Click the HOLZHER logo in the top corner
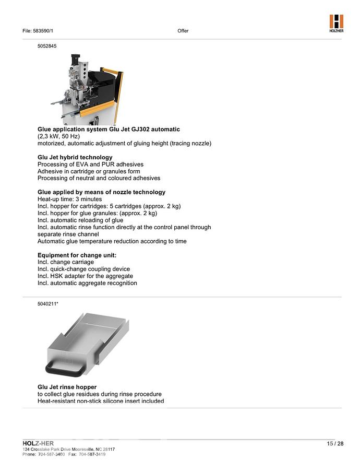pyautogui.click(x=336, y=23)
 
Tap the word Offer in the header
pyautogui.click(x=183, y=31)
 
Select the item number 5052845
pyautogui.click(x=47, y=46)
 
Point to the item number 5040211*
pyautogui.click(x=47, y=303)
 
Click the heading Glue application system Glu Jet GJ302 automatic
pyautogui.click(x=109, y=129)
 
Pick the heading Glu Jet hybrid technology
pyautogui.click(x=75, y=157)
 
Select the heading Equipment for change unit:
pyautogui.click(x=77, y=255)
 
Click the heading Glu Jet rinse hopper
pyautogui.click(x=67, y=387)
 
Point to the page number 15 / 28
pyautogui.click(x=335, y=444)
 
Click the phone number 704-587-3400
pyautogui.click(x=51, y=454)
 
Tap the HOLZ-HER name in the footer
pyautogui.click(x=38, y=443)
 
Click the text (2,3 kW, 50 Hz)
pyautogui.click(x=58, y=136)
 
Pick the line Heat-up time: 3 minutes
pyautogui.click(x=69, y=199)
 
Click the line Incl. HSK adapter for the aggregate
pyautogui.click(x=85, y=276)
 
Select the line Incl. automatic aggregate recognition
pyautogui.click(x=87, y=283)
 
